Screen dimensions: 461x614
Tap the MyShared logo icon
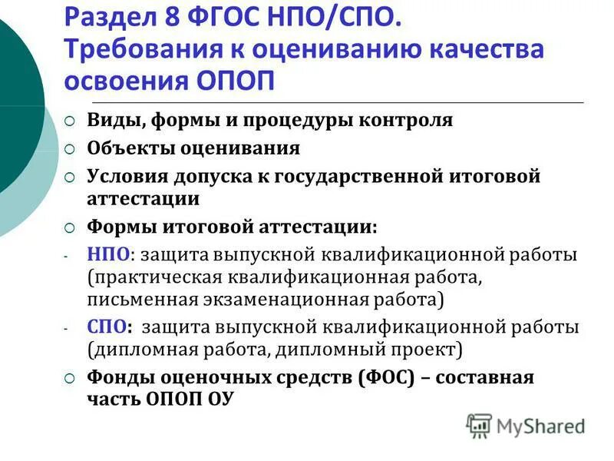[479, 425]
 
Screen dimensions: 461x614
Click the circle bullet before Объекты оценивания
[69, 148]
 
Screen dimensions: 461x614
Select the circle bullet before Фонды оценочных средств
[69, 378]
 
